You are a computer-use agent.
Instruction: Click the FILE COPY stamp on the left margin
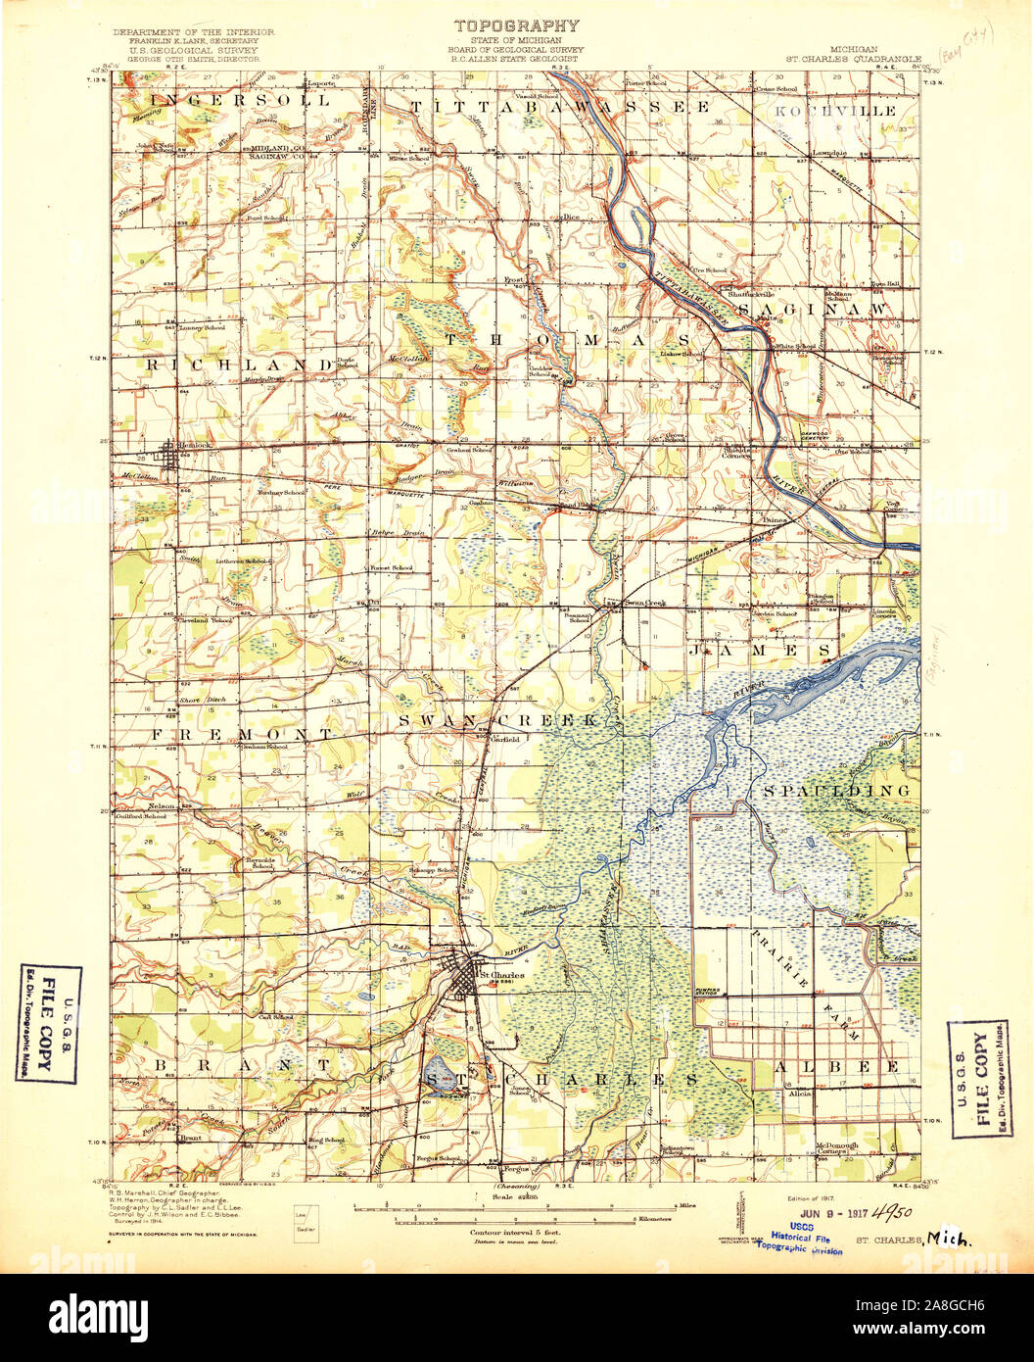pyautogui.click(x=49, y=1023)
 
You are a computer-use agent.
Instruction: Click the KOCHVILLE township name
pyautogui.click(x=835, y=112)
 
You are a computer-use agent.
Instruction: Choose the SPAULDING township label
pyautogui.click(x=836, y=790)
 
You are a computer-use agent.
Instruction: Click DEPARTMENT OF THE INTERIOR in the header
pyautogui.click(x=193, y=32)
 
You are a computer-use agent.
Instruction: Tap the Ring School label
pyautogui.click(x=326, y=1141)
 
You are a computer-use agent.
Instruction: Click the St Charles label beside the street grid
pyautogui.click(x=500, y=976)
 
